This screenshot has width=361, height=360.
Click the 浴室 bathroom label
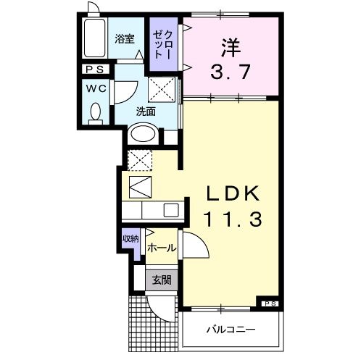click(125, 39)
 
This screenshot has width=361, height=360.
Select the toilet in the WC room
click(95, 112)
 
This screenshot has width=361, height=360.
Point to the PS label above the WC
click(95, 70)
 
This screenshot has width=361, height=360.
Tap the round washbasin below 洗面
click(144, 135)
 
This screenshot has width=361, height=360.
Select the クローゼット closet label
click(160, 45)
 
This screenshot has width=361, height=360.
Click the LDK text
click(231, 193)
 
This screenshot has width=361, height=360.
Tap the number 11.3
click(231, 217)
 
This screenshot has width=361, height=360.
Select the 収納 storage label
click(130, 239)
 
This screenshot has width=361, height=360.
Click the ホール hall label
click(161, 248)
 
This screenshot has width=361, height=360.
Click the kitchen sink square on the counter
click(171, 209)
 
